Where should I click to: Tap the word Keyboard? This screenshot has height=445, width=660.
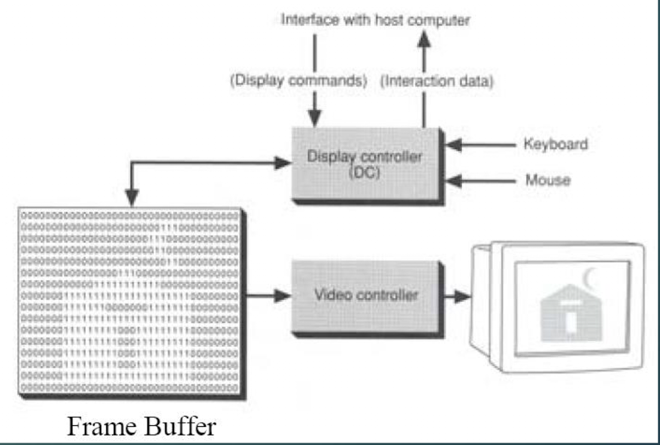coord(555,145)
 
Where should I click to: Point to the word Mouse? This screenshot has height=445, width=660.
coord(547,179)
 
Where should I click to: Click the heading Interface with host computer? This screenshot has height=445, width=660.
coord(376,20)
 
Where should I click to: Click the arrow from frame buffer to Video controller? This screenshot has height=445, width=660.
coord(267,296)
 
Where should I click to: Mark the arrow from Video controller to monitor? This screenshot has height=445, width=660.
coord(456,296)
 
